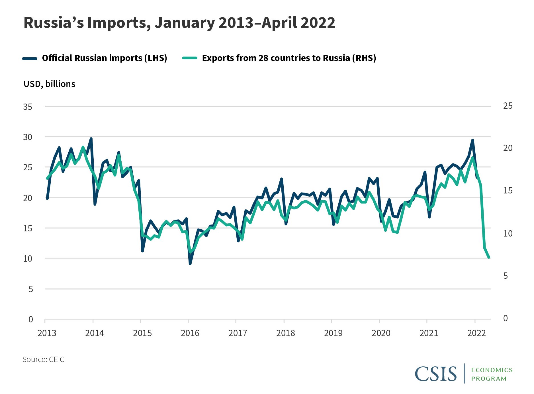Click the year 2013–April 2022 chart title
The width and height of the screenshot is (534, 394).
(x=179, y=23)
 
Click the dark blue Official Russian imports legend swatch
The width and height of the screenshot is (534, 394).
(x=30, y=58)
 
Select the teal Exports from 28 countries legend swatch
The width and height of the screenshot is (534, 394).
(x=190, y=58)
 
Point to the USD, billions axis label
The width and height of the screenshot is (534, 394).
(x=50, y=84)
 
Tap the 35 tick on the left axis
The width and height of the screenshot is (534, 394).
(x=28, y=107)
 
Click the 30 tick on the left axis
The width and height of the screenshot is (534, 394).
(x=28, y=137)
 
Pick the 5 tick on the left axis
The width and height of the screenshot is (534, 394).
(x=30, y=289)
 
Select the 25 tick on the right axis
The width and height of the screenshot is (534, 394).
(x=508, y=106)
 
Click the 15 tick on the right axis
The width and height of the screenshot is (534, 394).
(x=508, y=190)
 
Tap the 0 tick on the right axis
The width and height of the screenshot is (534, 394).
(x=506, y=318)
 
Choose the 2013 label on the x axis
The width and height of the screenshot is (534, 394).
(x=47, y=333)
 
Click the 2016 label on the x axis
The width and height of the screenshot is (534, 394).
(x=190, y=333)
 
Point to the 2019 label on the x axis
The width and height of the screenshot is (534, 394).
(x=333, y=333)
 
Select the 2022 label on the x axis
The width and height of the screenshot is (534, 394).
(x=476, y=333)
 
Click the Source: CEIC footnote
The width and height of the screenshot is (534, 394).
(x=43, y=359)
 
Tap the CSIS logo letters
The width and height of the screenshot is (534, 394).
(x=435, y=374)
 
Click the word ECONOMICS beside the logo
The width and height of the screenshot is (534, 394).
(x=492, y=370)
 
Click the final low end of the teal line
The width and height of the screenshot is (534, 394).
(x=489, y=257)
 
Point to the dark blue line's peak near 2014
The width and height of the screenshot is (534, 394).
(x=91, y=139)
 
